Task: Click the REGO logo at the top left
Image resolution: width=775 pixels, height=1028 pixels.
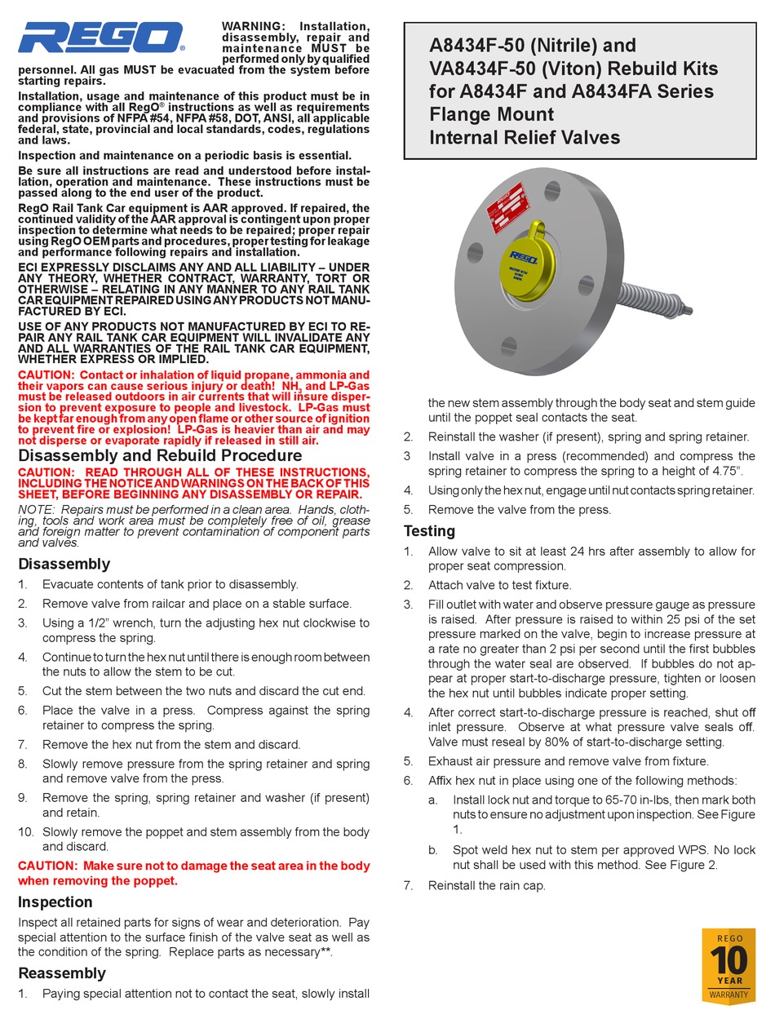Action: point(102,38)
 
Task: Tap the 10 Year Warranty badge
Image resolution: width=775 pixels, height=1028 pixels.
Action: point(728,967)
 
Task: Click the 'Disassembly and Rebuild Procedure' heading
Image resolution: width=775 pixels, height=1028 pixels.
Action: point(160,455)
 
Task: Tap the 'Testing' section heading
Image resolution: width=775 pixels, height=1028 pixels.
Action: point(429,531)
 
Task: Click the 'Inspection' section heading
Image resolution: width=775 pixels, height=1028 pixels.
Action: point(55,902)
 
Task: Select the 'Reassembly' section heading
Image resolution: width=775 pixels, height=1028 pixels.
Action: point(62,973)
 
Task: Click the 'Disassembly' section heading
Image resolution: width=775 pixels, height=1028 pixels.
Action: point(64,564)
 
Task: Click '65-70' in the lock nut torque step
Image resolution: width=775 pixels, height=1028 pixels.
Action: point(574,800)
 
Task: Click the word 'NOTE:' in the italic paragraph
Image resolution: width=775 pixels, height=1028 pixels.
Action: point(37,509)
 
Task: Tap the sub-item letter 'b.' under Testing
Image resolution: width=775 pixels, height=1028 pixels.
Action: point(433,849)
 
